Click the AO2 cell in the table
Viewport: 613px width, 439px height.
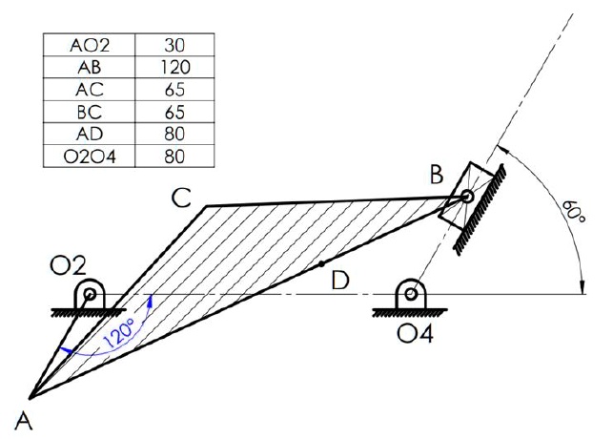click(89, 45)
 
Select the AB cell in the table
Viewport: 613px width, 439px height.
click(89, 67)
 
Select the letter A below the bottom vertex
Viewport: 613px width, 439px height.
click(20, 417)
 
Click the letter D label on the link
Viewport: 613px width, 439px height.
click(338, 281)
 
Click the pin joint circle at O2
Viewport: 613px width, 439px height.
click(92, 295)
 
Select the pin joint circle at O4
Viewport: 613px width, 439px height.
click(411, 295)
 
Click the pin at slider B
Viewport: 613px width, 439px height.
click(466, 198)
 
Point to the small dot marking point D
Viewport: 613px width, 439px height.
click(322, 261)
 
